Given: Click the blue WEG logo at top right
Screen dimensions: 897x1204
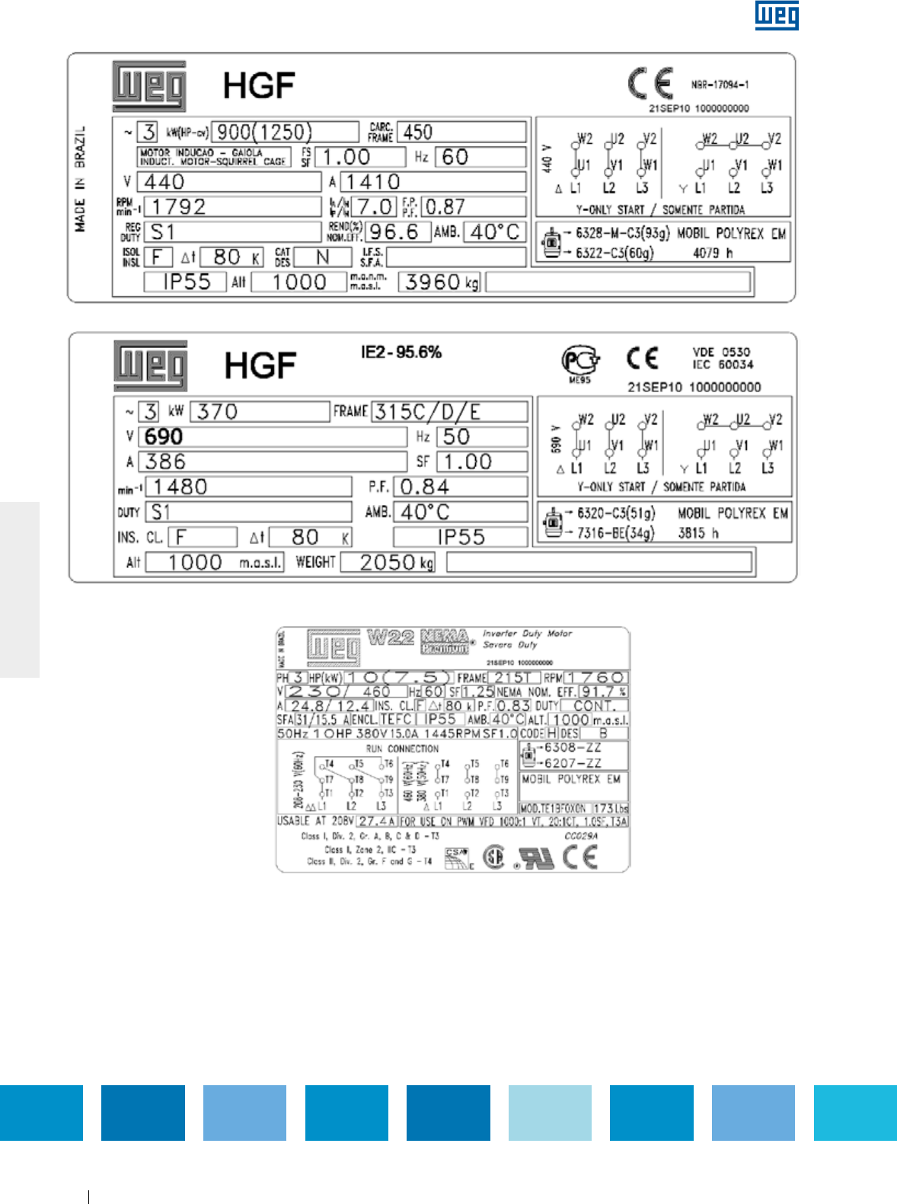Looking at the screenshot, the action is tap(777, 15).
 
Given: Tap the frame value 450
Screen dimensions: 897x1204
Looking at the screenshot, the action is tap(418, 132).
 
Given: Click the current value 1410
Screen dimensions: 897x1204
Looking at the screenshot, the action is tap(372, 182).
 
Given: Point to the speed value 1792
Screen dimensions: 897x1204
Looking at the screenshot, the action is tap(178, 207).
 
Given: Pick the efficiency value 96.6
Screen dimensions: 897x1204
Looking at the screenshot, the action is tap(394, 232).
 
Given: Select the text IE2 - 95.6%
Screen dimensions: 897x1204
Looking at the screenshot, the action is tap(401, 352).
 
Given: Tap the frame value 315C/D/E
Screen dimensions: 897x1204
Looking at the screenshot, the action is tap(427, 412).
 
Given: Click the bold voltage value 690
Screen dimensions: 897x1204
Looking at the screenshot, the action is tap(164, 437).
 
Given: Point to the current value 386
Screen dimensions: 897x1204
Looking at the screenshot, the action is tap(165, 461).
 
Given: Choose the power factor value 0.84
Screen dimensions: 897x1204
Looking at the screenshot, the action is tap(424, 487).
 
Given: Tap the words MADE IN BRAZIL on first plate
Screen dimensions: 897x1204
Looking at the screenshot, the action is tap(80, 179).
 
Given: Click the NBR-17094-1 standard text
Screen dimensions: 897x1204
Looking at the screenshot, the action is tap(720, 85).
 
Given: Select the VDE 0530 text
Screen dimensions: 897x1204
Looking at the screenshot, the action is tap(721, 352).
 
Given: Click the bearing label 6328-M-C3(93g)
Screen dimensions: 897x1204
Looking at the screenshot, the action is tap(622, 233).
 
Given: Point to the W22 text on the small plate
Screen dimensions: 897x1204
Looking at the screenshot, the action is tap(391, 637).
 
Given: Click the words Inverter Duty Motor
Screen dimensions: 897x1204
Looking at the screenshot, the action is tap(527, 634).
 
